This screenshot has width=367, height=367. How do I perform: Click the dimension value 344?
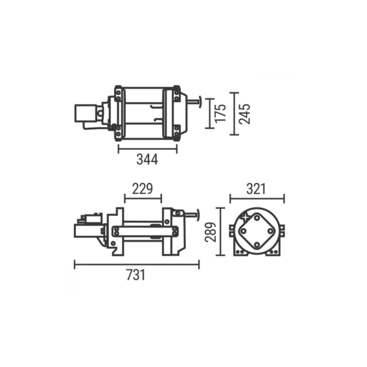click(147, 159)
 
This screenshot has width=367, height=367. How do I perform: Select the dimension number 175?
click(221, 112)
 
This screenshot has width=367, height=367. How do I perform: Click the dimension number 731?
click(136, 275)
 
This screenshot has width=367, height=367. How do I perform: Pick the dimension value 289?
click(209, 232)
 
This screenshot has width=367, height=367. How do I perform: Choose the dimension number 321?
click(257, 188)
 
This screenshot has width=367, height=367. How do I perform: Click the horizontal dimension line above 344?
click(147, 146)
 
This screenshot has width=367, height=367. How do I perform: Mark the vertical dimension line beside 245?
click(233, 113)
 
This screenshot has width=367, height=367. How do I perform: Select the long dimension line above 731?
click(136, 264)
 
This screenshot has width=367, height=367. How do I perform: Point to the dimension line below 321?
click(257, 198)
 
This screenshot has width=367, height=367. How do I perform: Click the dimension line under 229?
click(143, 198)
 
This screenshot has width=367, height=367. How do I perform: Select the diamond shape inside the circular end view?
click(257, 232)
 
